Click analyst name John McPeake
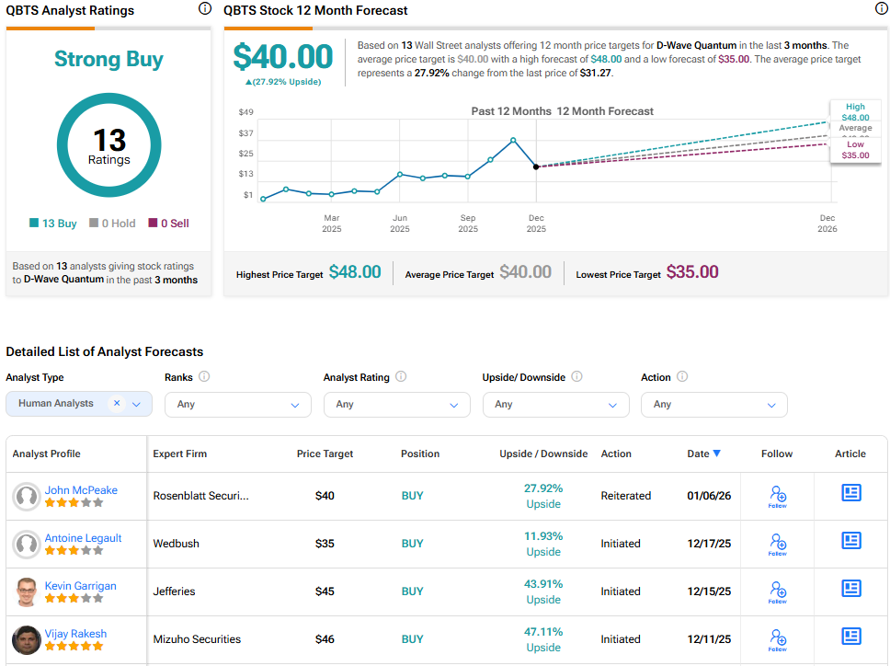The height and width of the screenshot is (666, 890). (81, 490)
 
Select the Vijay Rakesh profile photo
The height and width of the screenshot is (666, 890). (26, 639)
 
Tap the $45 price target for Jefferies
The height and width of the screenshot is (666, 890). (325, 591)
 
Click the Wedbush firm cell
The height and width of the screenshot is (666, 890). (176, 544)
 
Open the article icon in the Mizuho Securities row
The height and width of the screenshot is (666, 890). (851, 637)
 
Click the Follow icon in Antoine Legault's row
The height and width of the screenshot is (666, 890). (778, 544)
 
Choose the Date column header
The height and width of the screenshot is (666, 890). (703, 454)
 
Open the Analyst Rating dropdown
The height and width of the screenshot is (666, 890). (396, 405)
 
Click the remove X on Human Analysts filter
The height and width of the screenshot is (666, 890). (117, 404)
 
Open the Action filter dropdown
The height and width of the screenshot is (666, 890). (713, 405)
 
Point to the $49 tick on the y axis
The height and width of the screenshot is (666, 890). (245, 112)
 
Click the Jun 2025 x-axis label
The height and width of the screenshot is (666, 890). (400, 223)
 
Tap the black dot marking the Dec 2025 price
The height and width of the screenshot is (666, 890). (536, 166)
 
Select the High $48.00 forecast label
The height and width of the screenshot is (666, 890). (855, 112)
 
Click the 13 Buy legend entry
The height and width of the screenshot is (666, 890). (53, 224)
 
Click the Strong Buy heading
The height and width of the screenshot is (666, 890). (108, 60)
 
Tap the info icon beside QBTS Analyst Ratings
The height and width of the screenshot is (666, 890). (204, 9)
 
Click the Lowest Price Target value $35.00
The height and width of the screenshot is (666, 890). (692, 272)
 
